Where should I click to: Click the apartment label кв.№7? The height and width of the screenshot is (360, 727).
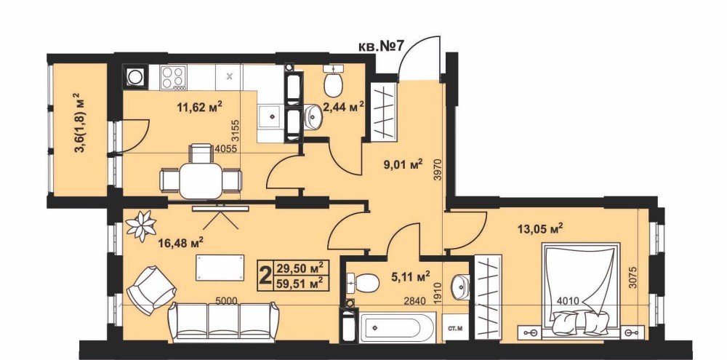point(382,47)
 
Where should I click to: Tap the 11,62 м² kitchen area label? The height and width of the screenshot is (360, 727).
point(200,108)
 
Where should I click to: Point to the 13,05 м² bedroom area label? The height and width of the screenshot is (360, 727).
point(540,228)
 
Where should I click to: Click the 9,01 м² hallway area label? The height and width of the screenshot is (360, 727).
point(403,164)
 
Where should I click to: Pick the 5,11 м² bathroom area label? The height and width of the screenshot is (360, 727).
point(410,277)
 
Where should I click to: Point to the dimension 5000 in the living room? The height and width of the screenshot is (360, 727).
point(226,301)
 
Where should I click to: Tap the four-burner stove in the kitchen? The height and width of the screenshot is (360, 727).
point(174,76)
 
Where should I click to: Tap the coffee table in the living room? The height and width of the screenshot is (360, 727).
point(220,267)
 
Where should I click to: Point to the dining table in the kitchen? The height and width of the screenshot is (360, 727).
point(201,180)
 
